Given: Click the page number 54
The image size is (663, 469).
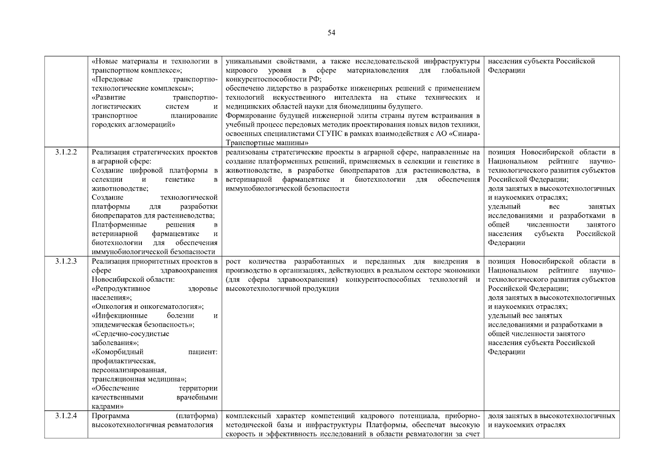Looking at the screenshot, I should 331,33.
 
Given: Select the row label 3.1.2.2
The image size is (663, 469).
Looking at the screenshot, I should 66,152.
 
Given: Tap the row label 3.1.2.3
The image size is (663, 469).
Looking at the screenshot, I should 66,261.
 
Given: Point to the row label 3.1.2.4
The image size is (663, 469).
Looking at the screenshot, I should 66,416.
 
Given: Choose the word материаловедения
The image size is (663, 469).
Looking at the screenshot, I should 378,70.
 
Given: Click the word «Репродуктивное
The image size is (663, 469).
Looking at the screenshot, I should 121,288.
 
